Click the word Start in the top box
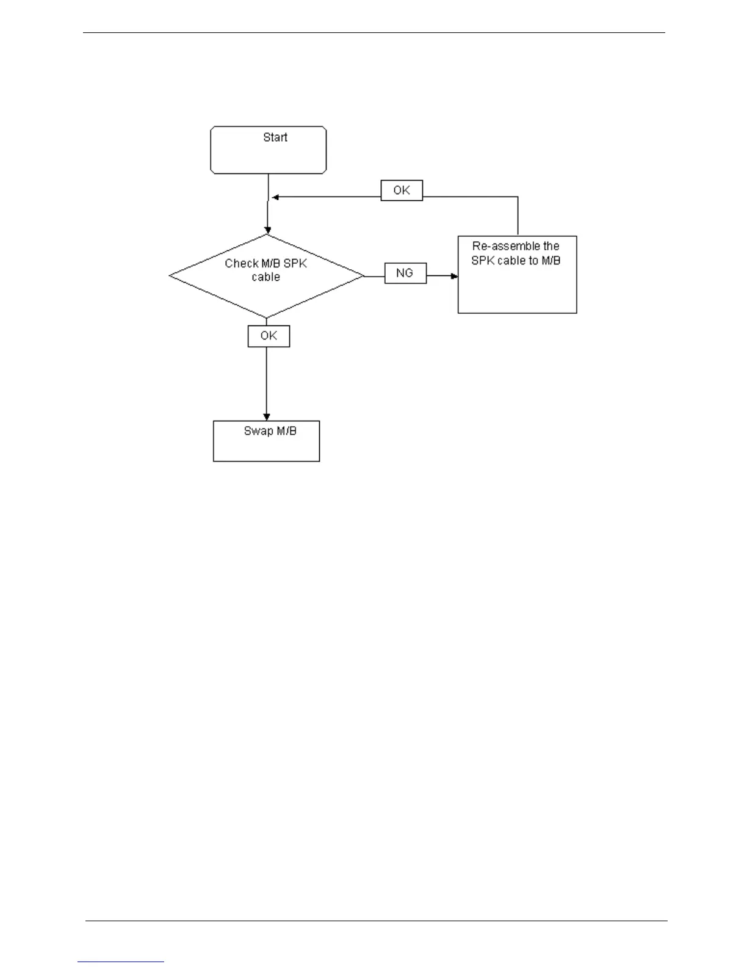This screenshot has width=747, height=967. point(275,137)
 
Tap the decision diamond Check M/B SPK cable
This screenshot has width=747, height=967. point(267,276)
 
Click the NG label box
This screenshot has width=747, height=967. point(405,273)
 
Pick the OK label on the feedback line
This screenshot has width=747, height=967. point(402,190)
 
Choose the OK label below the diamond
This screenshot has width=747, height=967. point(269,336)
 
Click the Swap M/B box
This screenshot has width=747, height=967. point(266,441)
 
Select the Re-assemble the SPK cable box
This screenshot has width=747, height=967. point(517,275)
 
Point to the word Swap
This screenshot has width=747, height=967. point(258,431)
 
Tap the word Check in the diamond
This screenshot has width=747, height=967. point(241,264)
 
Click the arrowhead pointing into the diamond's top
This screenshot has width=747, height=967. point(267,230)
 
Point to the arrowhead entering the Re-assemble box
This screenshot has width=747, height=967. point(454,276)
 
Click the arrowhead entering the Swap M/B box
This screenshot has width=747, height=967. point(266,416)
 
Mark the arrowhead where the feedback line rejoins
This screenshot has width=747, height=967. point(275,197)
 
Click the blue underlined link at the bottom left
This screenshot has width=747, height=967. point(121,962)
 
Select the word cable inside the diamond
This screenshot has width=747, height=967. point(266,277)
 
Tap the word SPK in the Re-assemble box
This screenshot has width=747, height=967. point(483,261)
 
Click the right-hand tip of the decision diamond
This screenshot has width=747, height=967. point(363,276)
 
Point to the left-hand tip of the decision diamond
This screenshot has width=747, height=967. point(171,276)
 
